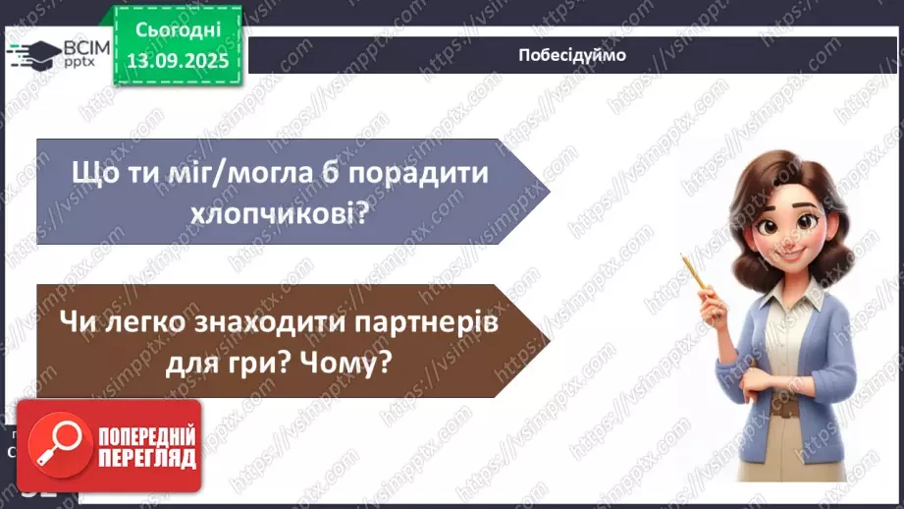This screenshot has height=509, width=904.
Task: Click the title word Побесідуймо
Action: pyautogui.click(x=571, y=55)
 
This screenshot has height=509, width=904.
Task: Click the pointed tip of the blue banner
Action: pyautogui.click(x=548, y=191)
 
